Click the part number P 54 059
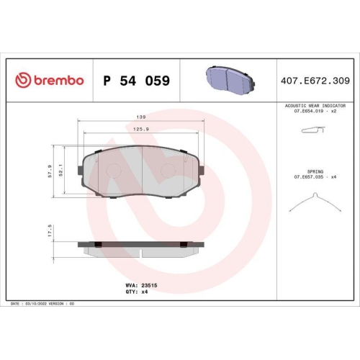137,81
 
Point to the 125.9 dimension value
141,129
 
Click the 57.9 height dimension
50,172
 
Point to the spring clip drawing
313,203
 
